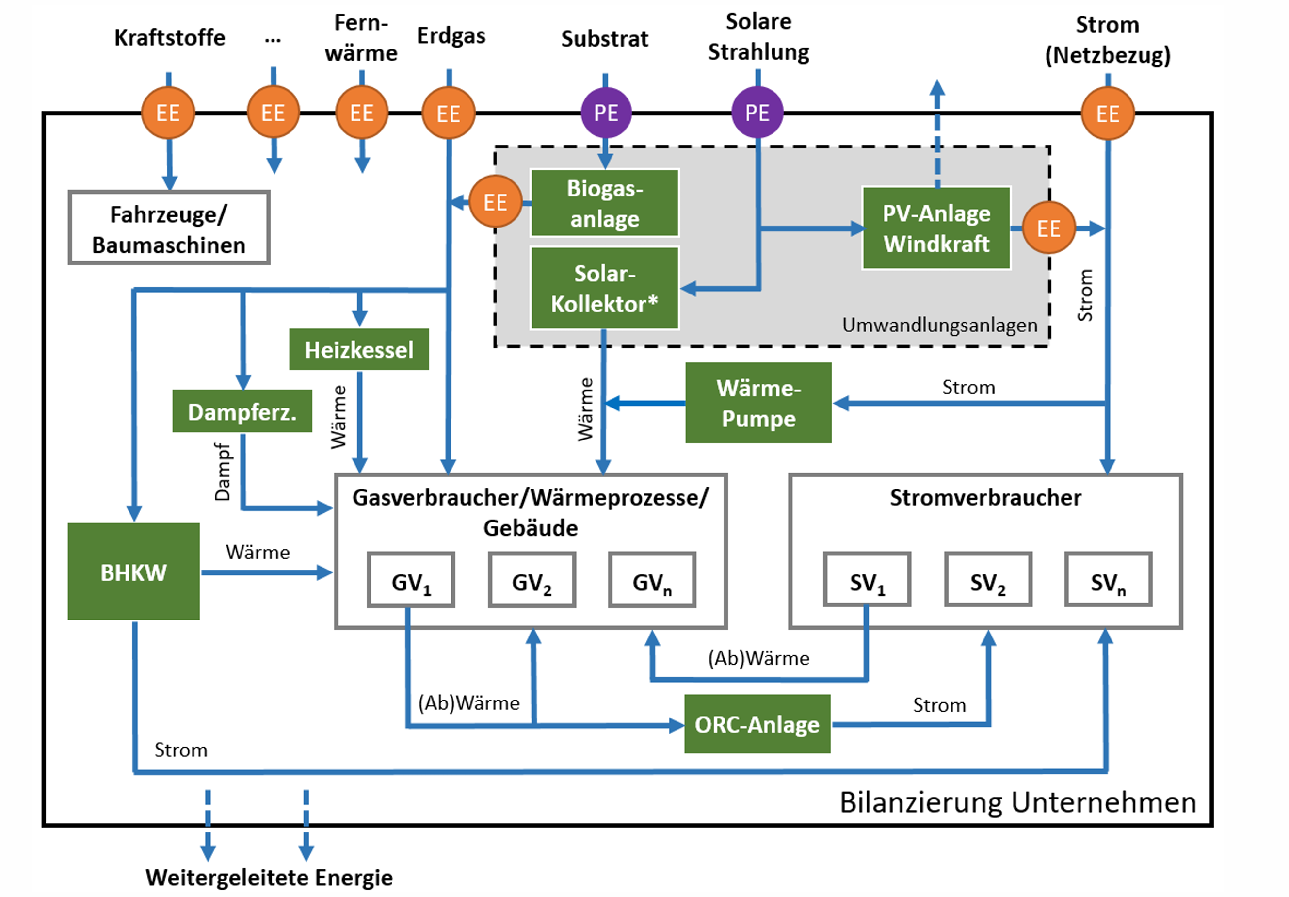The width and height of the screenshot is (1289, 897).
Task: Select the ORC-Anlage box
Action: tap(757, 723)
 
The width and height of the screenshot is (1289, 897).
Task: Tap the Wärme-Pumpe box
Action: tap(758, 403)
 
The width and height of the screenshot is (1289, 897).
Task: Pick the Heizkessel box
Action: tap(359, 349)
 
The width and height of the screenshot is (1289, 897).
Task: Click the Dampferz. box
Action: tap(242, 411)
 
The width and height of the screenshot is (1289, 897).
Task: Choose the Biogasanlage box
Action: tap(605, 203)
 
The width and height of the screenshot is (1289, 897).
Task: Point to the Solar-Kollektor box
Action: tap(605, 288)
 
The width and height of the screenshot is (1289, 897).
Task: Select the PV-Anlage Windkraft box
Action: tap(936, 228)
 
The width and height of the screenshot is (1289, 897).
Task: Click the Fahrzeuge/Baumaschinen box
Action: tap(169, 228)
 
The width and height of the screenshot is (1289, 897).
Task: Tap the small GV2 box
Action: tap(532, 580)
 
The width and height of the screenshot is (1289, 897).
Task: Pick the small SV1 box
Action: tap(867, 580)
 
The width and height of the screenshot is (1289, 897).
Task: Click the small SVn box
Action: tap(1108, 580)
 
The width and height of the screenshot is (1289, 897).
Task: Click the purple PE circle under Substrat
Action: tap(606, 113)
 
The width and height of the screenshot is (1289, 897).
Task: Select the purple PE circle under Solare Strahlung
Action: tap(757, 113)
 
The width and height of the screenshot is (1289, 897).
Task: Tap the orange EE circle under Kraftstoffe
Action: tap(168, 113)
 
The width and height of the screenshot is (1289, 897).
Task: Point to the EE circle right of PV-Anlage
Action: tap(1048, 228)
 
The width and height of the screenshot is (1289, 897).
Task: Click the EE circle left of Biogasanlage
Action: tap(495, 202)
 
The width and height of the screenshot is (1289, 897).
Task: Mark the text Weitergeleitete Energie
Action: tap(269, 877)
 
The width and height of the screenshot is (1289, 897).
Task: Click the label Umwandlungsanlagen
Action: tap(939, 325)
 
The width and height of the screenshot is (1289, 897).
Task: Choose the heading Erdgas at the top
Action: tap(451, 35)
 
